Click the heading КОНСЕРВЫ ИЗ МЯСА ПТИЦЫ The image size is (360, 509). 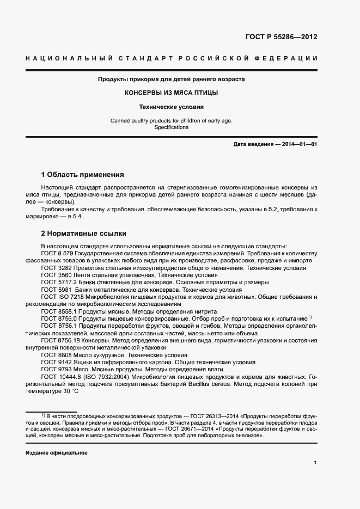pos(171,93)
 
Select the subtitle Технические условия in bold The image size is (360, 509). pos(171,107)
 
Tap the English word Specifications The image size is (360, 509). pos(171,127)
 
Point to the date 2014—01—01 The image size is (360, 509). pos(300,144)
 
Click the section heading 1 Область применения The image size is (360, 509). pos(83,175)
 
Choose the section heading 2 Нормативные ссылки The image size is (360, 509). pos(84,234)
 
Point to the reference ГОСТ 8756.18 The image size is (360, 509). pos(62,340)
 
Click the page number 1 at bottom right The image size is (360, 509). pos(315,463)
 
